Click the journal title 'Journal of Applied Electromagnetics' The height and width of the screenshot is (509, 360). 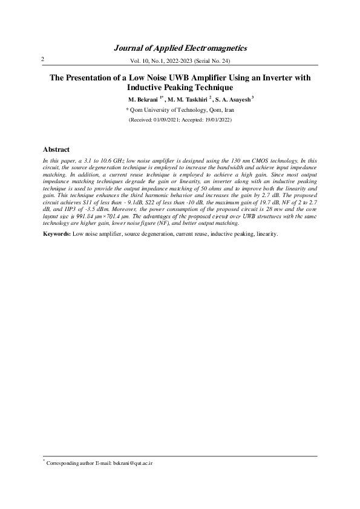click(180, 48)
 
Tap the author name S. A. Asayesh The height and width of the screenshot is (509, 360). click(231, 99)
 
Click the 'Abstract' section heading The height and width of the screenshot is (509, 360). click(56, 149)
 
